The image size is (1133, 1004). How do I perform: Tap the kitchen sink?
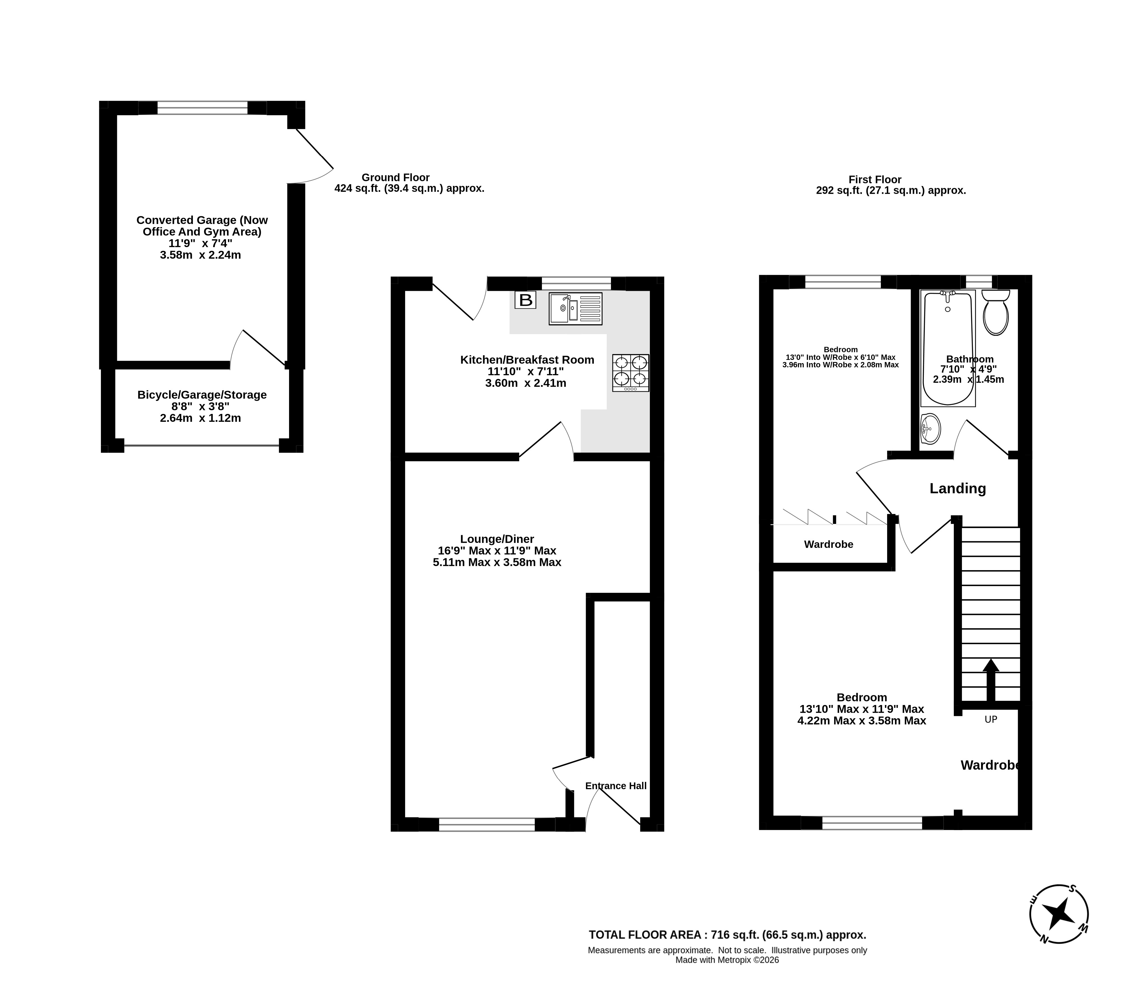pyautogui.click(x=575, y=308)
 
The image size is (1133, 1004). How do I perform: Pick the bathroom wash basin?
pyautogui.click(x=930, y=429)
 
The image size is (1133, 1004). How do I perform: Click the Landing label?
pyautogui.click(x=958, y=489)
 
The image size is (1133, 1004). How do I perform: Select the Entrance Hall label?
pyautogui.click(x=616, y=786)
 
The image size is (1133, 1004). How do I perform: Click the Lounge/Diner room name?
pyautogui.click(x=497, y=539)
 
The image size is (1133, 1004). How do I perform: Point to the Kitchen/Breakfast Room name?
pyautogui.click(x=527, y=360)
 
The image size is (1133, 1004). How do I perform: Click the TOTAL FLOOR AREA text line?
pyautogui.click(x=727, y=935)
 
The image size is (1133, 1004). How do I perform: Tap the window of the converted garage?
pyautogui.click(x=202, y=108)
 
